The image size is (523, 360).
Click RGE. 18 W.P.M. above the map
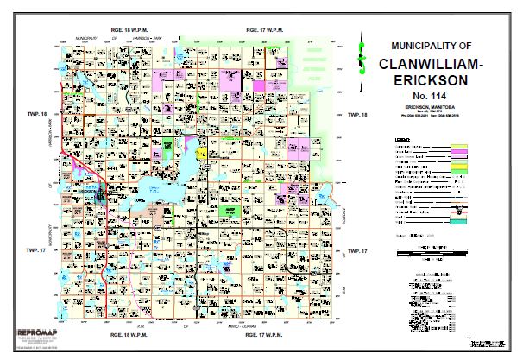pyautogui.click(x=129, y=30)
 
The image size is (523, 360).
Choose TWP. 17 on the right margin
pyautogui.click(x=356, y=249)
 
